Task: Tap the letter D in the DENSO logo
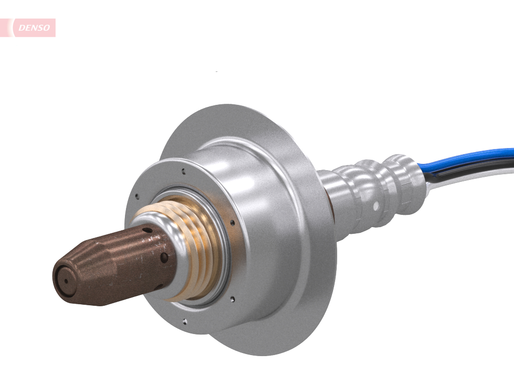click(21, 28)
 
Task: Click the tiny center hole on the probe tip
click(65, 280)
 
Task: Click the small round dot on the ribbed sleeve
click(376, 206)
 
